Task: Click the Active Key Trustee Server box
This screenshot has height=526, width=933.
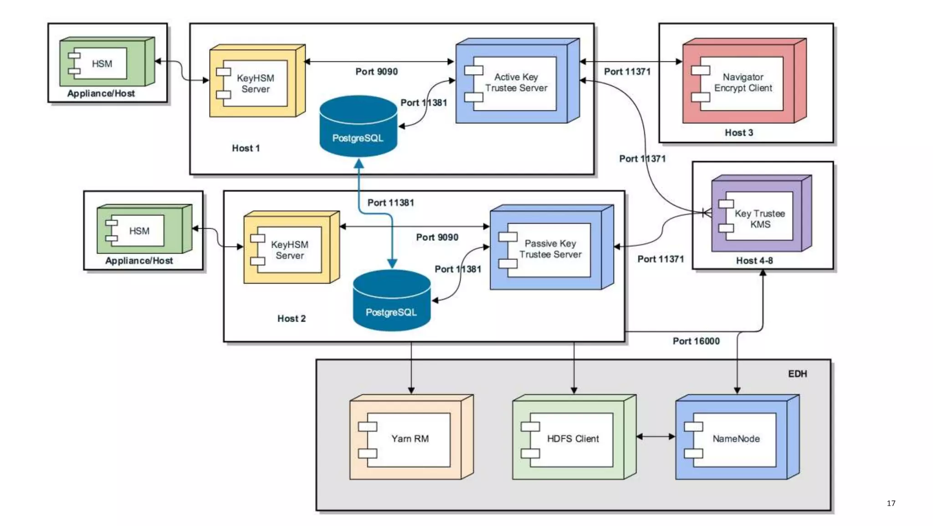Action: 516,83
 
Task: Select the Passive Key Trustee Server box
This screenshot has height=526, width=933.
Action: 550,249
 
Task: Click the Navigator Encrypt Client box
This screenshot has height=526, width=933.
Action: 743,83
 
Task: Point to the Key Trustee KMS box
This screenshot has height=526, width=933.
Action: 759,219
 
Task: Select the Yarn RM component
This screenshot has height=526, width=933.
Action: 410,439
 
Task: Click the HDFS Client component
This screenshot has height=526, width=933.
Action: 573,439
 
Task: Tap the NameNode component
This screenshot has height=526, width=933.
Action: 736,439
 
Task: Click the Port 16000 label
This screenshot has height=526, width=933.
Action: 696,341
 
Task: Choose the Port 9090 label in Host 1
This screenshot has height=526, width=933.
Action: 376,72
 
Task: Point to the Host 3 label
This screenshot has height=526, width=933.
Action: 738,133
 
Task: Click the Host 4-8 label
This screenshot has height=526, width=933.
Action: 754,261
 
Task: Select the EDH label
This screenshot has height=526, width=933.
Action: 797,374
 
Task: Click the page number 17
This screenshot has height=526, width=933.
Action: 891,503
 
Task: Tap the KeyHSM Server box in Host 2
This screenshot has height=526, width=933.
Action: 289,250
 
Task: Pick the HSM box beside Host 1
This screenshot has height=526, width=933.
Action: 102,64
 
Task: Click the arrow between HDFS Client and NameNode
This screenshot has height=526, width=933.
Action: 656,437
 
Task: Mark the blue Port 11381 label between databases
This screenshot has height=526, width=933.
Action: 391,203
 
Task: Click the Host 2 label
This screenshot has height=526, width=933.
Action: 292,319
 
